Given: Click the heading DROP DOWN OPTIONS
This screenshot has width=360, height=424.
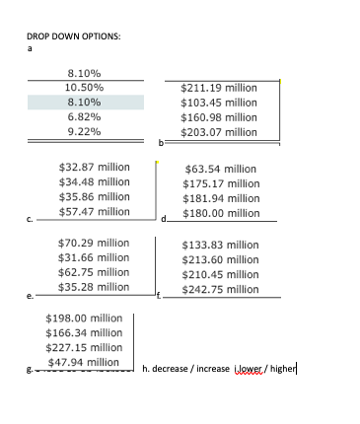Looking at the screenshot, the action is point(74,35).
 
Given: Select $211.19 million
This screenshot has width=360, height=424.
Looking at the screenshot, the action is point(219,88).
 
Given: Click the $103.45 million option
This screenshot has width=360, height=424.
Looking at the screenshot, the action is point(219,103).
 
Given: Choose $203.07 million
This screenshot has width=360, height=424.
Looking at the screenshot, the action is point(219,131).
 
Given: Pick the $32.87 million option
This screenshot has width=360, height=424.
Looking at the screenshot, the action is point(95,167).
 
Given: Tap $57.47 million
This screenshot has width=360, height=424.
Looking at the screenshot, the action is point(95,211).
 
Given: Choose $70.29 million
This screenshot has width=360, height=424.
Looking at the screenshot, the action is point(94,243).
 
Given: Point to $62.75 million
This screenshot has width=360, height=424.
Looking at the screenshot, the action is point(94,272).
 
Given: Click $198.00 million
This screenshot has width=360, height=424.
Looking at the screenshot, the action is point(84,318).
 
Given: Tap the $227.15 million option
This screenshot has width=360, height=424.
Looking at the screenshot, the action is point(84,347).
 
